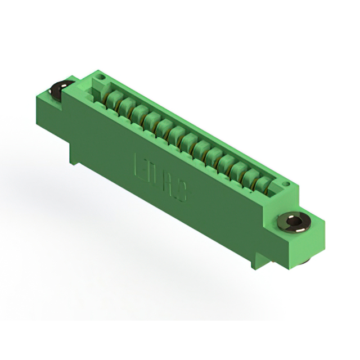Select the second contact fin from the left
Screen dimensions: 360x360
click(127, 106)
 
